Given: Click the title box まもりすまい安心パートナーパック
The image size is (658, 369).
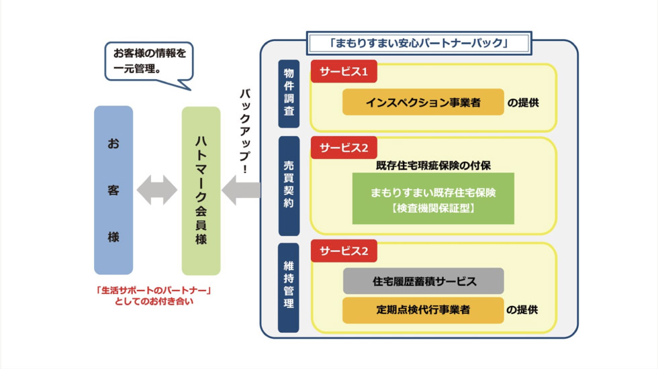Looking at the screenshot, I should [x=418, y=43].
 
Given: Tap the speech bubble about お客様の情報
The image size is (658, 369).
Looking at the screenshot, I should [x=148, y=60].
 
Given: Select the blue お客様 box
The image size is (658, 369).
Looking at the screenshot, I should [x=113, y=191].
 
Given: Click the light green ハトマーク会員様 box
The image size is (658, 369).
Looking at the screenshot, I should [x=201, y=191].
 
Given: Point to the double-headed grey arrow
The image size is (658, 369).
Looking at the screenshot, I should [x=157, y=191].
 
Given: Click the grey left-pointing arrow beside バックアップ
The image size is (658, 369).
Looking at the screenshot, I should [x=240, y=191].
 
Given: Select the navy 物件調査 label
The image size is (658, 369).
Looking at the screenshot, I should [x=289, y=94].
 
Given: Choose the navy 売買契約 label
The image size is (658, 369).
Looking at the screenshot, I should [x=289, y=185].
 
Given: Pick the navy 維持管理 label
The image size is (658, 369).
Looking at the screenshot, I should [x=289, y=288].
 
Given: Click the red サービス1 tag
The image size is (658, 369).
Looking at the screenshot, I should [x=343, y=71].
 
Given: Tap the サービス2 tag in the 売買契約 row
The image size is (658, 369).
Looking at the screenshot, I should [x=343, y=148].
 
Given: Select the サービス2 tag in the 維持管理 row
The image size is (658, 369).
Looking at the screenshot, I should [x=343, y=251].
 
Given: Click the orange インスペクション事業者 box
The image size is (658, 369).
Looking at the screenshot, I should [x=423, y=103].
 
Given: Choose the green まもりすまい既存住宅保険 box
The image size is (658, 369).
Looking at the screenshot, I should [x=433, y=199].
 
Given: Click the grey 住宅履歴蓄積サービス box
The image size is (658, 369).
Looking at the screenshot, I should [x=423, y=281].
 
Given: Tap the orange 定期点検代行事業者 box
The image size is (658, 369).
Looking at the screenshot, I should [x=423, y=311].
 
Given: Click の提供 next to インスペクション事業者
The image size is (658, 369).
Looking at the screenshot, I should [x=523, y=103].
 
